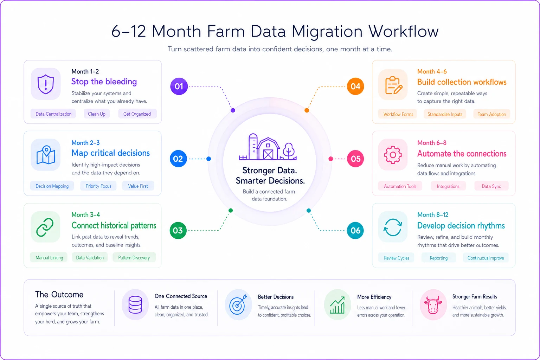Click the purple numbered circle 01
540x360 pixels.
[x=179, y=86]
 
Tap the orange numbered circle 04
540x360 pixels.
[x=355, y=86]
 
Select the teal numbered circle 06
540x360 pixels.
[x=355, y=231]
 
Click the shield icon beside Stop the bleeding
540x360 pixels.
[x=46, y=84]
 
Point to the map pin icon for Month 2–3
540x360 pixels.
[x=46, y=155]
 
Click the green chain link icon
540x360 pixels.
[x=45, y=227]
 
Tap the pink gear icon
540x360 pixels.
[x=393, y=155]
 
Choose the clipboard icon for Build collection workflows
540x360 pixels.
[x=393, y=85]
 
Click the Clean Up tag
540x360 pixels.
[x=97, y=114]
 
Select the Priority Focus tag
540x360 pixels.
[x=98, y=186]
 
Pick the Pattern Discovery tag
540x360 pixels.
[x=134, y=258]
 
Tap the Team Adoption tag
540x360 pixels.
[x=492, y=114]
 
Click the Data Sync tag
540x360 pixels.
[x=491, y=186]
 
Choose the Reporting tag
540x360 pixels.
[x=439, y=258]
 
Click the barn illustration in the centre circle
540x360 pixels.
[x=268, y=147]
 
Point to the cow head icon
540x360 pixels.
[x=433, y=304]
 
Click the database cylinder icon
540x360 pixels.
[x=135, y=304]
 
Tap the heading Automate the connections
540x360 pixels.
[x=462, y=154]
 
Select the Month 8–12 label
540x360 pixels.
[x=433, y=214]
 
